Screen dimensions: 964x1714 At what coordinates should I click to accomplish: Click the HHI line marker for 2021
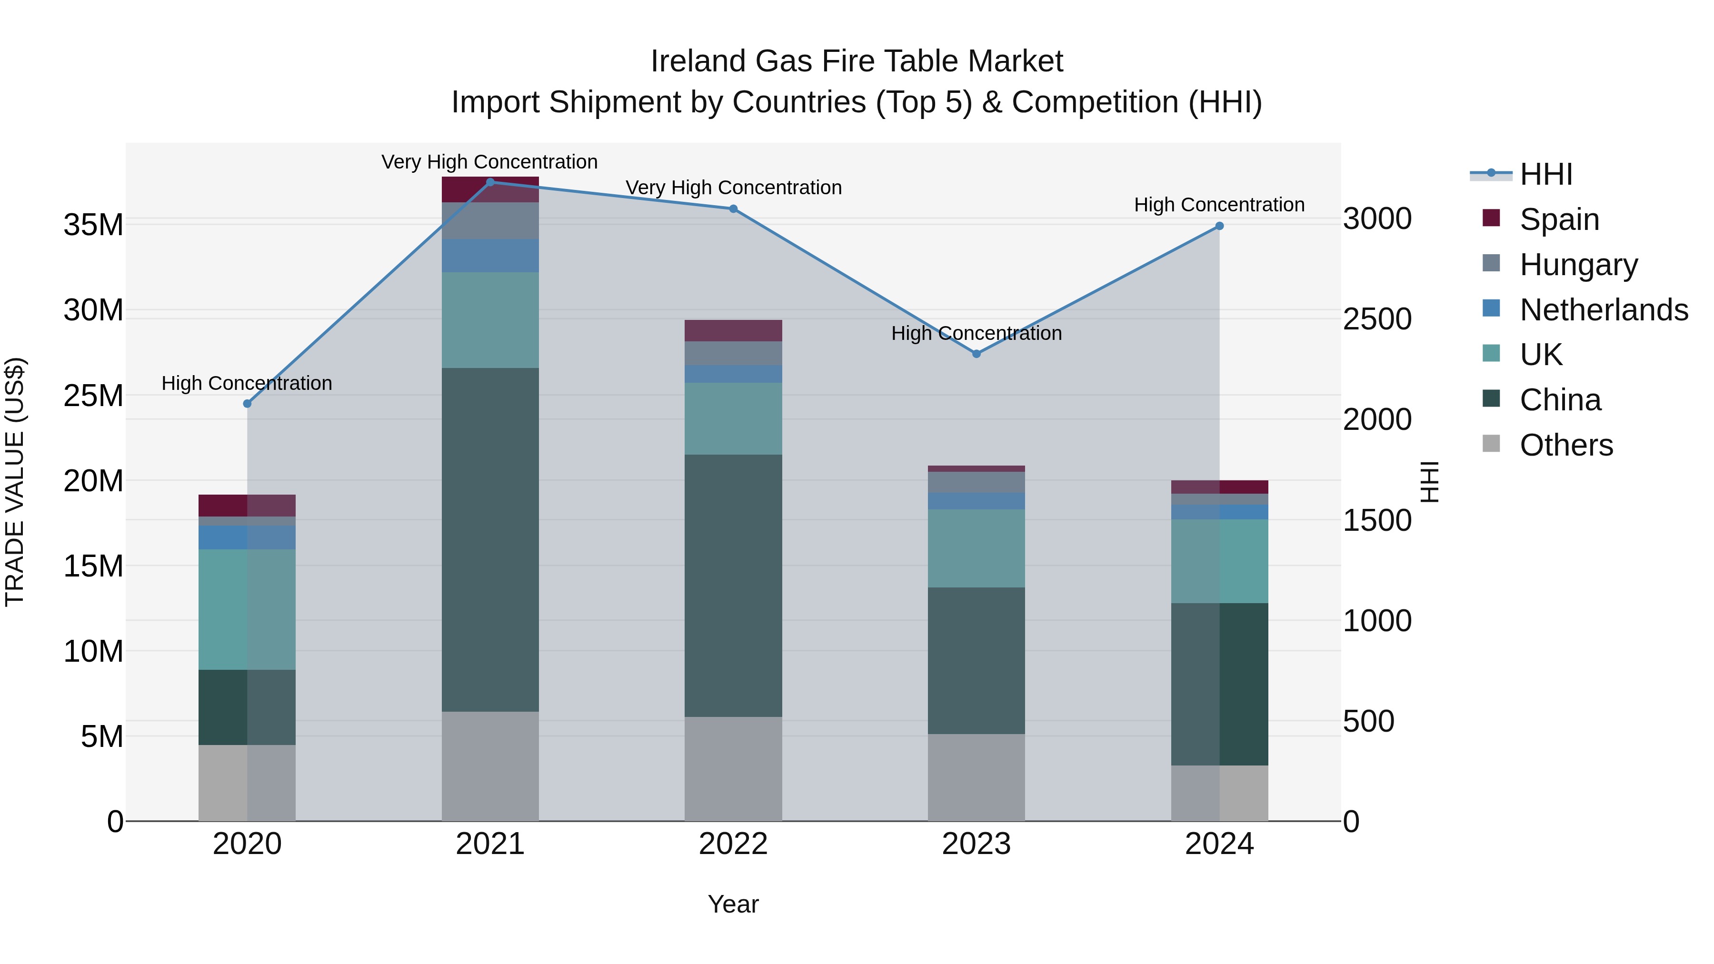[490, 182]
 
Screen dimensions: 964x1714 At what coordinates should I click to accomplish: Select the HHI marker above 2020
[248, 404]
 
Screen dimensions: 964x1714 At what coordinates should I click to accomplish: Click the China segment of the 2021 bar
[490, 539]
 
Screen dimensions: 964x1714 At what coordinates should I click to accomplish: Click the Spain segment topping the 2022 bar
[733, 331]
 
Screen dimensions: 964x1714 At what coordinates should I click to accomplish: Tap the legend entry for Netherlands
[1604, 310]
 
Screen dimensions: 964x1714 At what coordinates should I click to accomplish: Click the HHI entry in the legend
[1545, 174]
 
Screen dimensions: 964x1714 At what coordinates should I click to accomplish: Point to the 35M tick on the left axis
[93, 225]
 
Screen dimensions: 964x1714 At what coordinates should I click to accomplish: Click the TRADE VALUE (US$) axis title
[15, 482]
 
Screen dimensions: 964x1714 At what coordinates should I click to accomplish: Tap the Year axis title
[733, 904]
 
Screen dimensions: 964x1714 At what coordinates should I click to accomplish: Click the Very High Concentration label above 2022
[733, 188]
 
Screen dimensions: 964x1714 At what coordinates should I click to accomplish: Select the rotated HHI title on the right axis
[1428, 482]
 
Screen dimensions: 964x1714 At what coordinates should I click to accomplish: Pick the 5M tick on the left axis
[102, 736]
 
